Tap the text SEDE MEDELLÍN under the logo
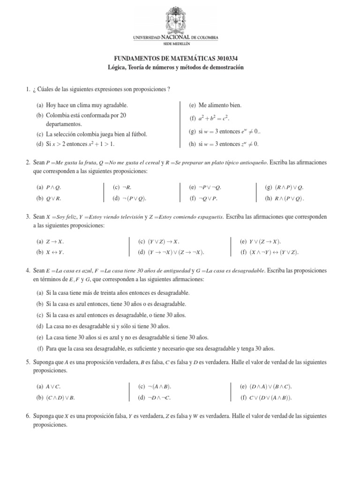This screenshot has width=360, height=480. pos(180,43)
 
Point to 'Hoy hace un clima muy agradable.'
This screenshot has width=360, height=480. pos(87,105)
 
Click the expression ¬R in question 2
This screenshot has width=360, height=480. pos(128,187)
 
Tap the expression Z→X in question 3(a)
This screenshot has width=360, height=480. pos(55,241)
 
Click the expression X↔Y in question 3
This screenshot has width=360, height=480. pos(55,252)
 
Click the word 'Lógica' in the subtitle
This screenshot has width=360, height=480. pos(118,68)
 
